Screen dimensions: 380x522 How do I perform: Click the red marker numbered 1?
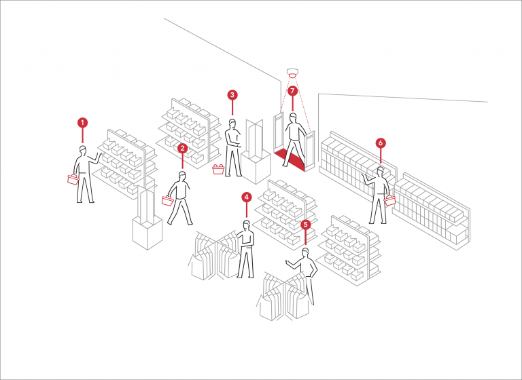[x=82, y=123]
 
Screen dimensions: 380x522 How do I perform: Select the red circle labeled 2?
[x=182, y=148]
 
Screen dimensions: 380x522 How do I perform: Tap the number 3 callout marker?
[x=232, y=95]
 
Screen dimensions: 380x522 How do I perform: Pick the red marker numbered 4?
[x=246, y=197]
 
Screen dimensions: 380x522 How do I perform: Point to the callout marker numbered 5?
[x=305, y=224]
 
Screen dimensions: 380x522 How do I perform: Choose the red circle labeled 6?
[x=381, y=143]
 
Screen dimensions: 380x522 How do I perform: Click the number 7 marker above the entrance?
[x=292, y=90]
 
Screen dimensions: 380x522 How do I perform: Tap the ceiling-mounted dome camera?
[x=293, y=73]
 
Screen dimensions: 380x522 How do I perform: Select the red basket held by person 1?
[x=73, y=179]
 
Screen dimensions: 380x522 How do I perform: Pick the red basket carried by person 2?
[x=166, y=199]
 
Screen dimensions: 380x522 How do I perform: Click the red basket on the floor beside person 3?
[x=218, y=169]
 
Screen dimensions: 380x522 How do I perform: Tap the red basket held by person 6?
[x=390, y=200]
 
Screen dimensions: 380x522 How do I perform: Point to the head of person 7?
[x=294, y=117]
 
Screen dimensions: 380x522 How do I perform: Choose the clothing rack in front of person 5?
[x=284, y=297]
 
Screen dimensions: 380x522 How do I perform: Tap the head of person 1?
[x=83, y=149]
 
